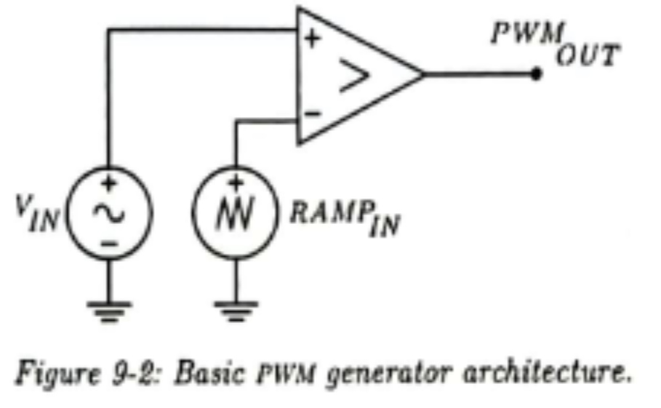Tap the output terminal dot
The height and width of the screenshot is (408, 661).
537,73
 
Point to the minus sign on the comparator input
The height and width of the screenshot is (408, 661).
311,113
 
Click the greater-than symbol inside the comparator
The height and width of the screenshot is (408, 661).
353,77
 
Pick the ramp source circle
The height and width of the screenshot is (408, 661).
235,212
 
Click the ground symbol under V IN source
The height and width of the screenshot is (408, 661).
110,309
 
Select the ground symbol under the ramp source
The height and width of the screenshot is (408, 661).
235,309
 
